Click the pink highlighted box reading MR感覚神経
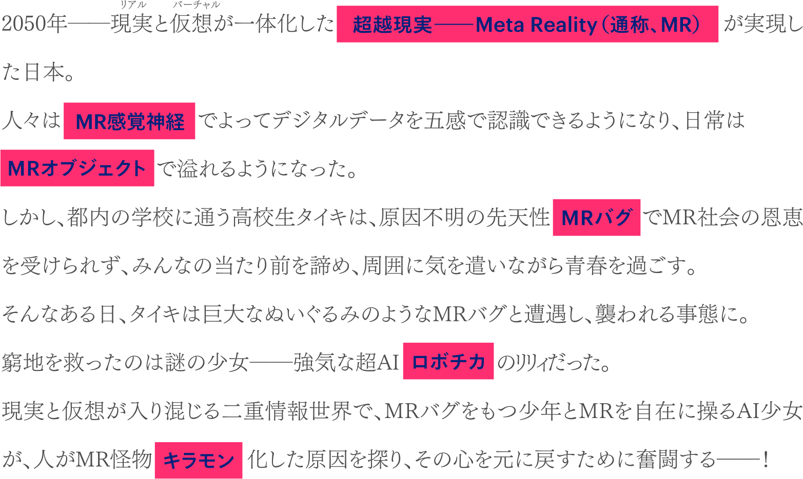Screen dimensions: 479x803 [x=129, y=121]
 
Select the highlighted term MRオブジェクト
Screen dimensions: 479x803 [x=77, y=169]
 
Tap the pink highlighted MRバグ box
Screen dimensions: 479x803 [x=596, y=218]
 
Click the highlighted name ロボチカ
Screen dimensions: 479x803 [x=448, y=362]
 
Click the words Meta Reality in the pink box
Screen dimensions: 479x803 [x=536, y=25]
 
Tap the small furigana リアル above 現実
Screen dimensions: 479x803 [x=133, y=5]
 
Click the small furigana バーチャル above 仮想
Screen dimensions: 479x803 [x=196, y=5]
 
